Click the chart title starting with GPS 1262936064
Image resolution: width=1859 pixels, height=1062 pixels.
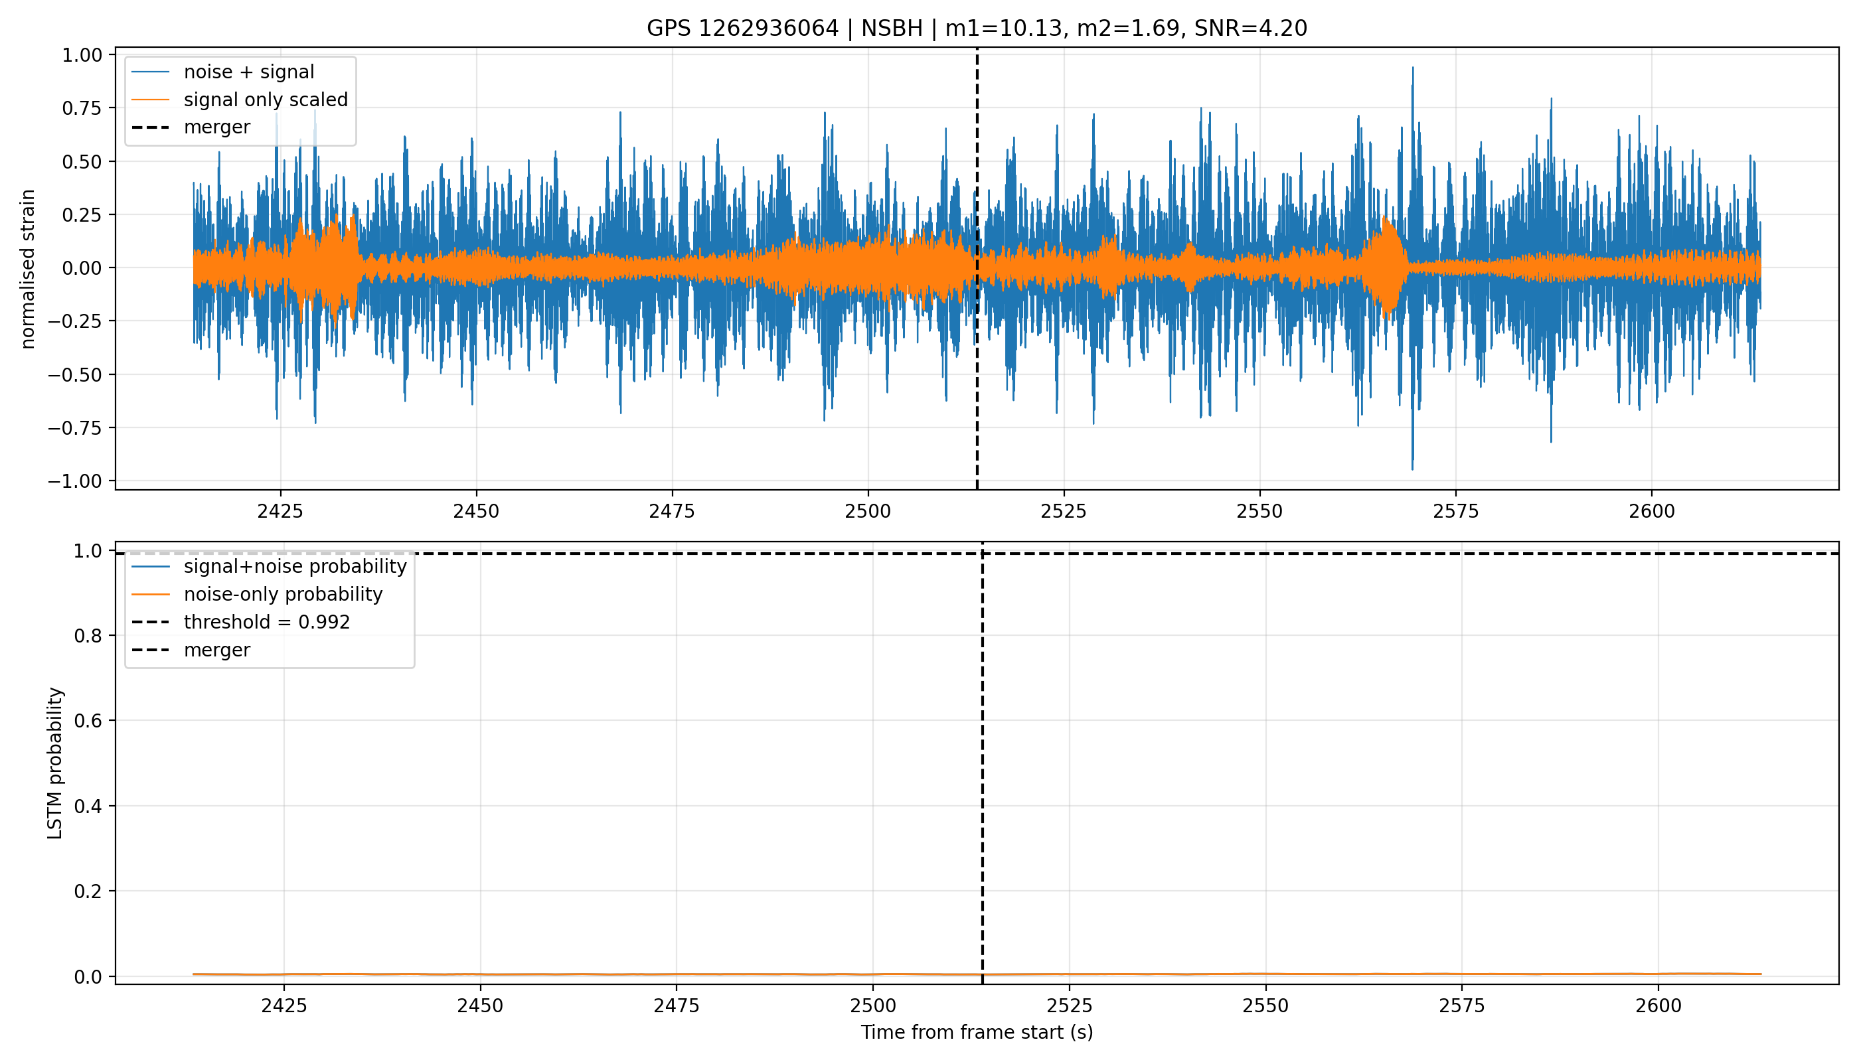pos(977,29)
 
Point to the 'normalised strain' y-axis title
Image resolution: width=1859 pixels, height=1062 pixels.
pos(28,269)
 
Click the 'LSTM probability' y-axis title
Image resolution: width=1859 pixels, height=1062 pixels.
pos(56,763)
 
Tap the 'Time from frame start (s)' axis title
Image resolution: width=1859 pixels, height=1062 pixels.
pos(977,1033)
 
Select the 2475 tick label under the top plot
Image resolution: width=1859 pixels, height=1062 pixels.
pos(672,511)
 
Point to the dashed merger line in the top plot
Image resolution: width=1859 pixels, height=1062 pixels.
pos(977,268)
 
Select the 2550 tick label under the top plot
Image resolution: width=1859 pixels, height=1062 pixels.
pos(1260,511)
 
